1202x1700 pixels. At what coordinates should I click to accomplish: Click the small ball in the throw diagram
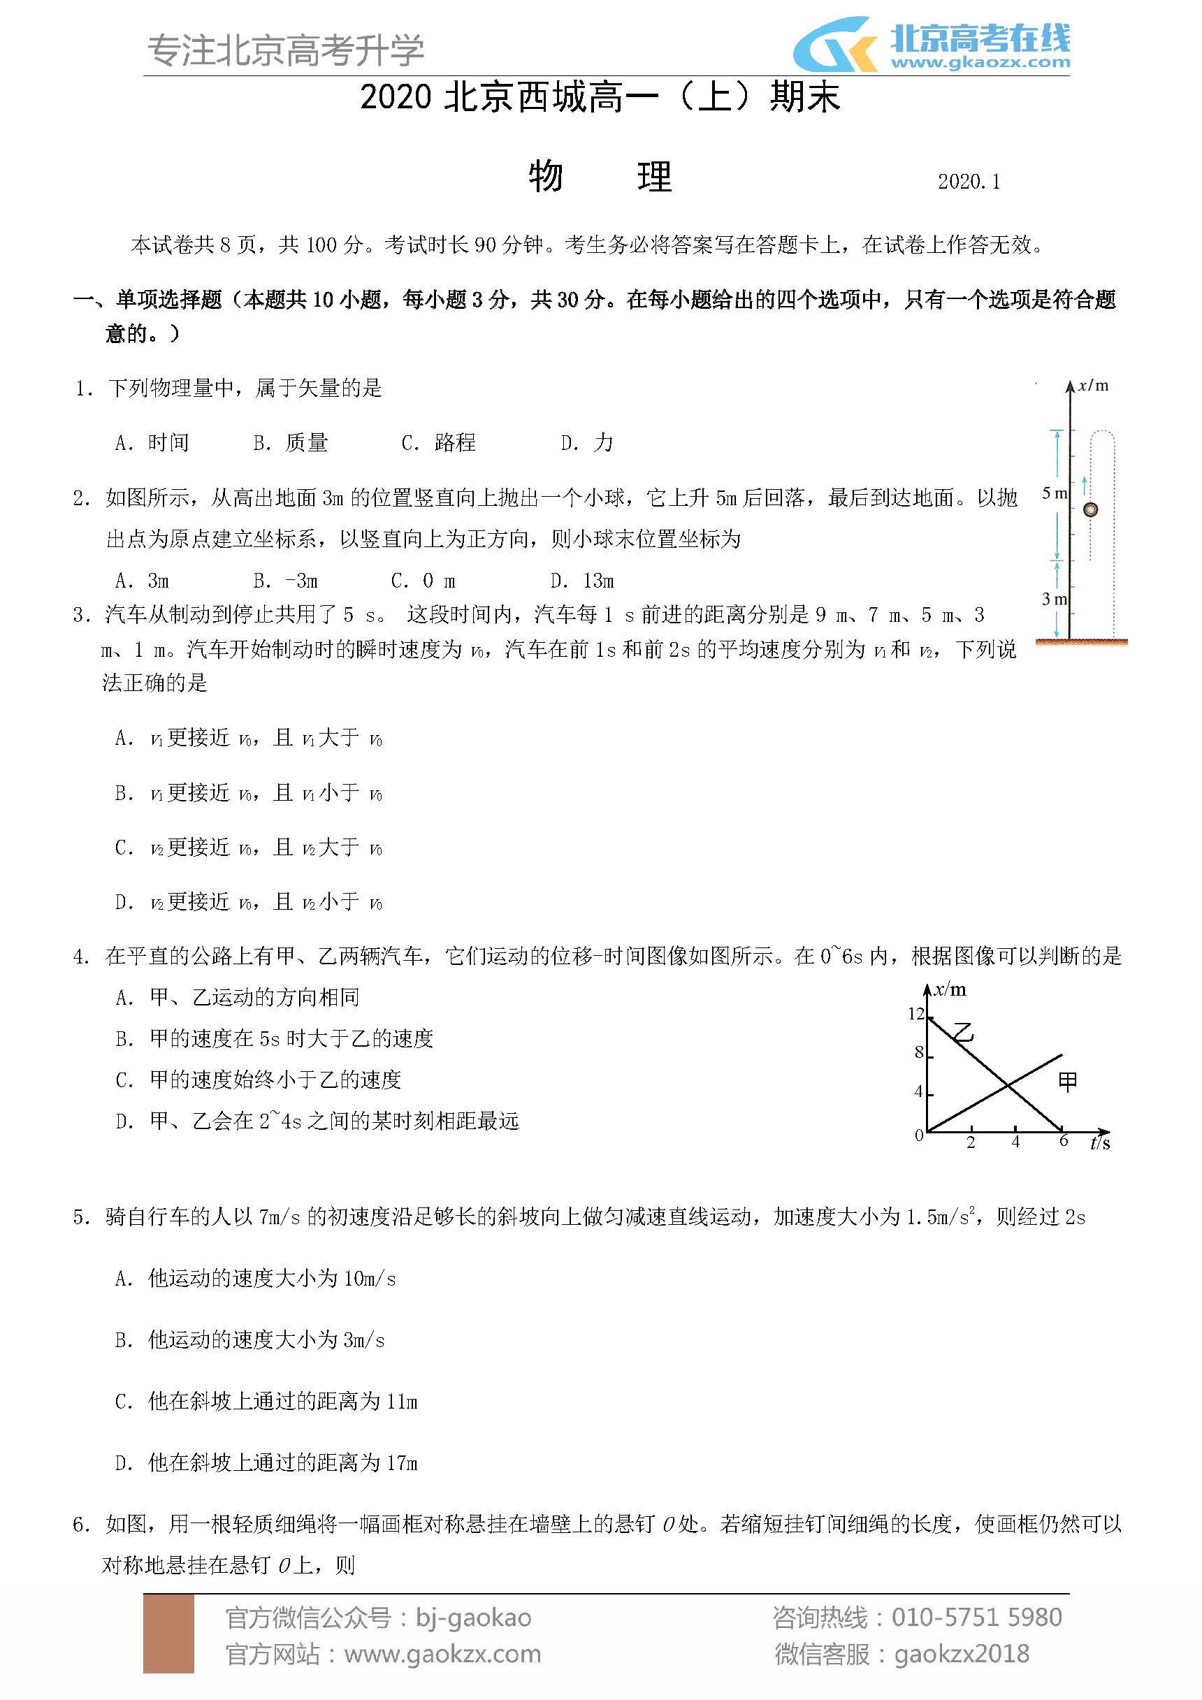1089,509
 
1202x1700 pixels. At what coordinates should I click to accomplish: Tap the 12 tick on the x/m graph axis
916,1014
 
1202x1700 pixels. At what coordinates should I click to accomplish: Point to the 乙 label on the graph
963,1031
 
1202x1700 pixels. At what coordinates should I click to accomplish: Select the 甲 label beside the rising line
1067,1082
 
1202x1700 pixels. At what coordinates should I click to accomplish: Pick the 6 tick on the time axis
1064,1141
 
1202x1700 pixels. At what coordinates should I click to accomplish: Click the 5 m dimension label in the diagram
1054,493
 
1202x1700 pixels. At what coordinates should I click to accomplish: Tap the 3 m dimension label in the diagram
1054,599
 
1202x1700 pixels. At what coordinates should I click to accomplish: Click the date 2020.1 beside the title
969,182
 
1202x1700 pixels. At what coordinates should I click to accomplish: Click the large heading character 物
546,177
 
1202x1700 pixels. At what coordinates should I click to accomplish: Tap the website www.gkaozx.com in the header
980,62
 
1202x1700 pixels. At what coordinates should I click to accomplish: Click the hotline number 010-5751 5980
976,1617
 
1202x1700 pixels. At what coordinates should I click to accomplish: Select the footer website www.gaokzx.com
442,1653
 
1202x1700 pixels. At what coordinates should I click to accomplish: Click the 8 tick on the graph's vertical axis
919,1052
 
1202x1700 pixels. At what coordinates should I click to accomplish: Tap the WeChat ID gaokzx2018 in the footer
962,1653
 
